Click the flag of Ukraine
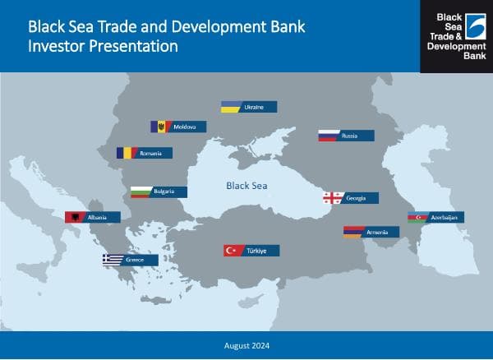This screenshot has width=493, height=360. pyautogui.click(x=231, y=107)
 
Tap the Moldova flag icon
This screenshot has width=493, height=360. pyautogui.click(x=159, y=127)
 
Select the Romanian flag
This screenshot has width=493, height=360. pyautogui.click(x=126, y=153)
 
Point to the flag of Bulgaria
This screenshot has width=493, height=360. pyautogui.click(x=141, y=192)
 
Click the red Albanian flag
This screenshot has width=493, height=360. pyautogui.click(x=75, y=217)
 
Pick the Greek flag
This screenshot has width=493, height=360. pyautogui.click(x=112, y=260)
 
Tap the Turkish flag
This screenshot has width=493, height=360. pyautogui.click(x=233, y=251)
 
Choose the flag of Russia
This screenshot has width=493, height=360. pyautogui.click(x=329, y=136)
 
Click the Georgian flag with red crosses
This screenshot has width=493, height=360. pyautogui.click(x=333, y=198)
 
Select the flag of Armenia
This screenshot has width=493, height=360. pyautogui.click(x=353, y=233)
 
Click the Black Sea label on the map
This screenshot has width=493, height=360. pyautogui.click(x=247, y=186)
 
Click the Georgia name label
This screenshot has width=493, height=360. pyautogui.click(x=357, y=198)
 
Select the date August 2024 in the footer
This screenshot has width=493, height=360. pyautogui.click(x=246, y=345)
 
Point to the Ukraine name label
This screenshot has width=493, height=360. pyautogui.click(x=254, y=107)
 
